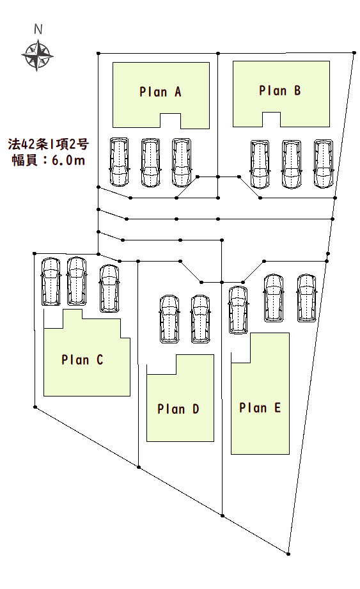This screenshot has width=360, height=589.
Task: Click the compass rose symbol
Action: point(37,56)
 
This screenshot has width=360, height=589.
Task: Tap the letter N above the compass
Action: point(38,29)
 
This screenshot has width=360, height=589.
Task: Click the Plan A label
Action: point(160,91)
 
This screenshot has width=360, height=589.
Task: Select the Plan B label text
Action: point(280,91)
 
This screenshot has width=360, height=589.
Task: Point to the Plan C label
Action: point(82,359)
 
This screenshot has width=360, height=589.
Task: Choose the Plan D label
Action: point(178,409)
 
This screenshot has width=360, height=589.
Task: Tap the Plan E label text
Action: point(260,407)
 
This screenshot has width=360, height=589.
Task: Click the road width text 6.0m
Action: point(68,161)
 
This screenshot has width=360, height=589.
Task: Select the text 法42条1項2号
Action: point(49,144)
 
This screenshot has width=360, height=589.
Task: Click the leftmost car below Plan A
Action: point(119,162)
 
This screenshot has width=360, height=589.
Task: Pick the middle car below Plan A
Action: point(150,162)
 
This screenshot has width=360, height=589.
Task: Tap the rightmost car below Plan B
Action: point(323,164)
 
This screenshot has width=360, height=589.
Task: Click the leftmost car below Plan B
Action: point(260,164)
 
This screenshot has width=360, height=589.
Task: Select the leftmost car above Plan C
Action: point(51,281)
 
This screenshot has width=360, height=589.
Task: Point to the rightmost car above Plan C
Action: point(109,288)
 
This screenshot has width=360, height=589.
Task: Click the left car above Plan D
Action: point(169,319)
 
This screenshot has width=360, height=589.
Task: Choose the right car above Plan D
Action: point(200,319)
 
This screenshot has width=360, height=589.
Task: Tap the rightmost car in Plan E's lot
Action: point(307,298)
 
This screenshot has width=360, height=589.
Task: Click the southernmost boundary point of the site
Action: point(288,554)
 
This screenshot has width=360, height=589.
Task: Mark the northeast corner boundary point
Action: point(354,52)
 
